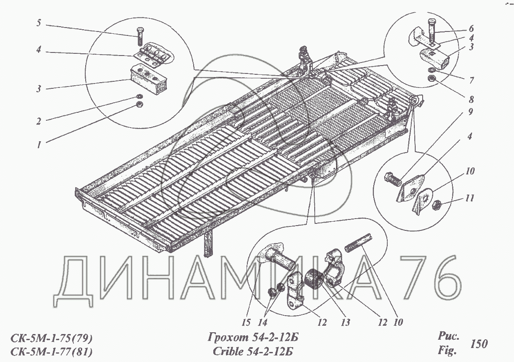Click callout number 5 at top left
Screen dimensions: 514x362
(38, 23)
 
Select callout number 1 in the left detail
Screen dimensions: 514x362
(39, 145)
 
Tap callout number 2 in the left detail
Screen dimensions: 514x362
(38, 122)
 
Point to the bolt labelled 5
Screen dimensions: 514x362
(140, 36)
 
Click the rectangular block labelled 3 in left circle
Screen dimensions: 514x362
(149, 79)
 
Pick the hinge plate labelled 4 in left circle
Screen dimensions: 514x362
(153, 55)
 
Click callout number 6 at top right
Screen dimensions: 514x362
(471, 28)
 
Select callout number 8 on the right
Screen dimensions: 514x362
(471, 99)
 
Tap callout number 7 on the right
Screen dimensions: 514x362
(471, 80)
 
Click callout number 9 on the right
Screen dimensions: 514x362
(471, 111)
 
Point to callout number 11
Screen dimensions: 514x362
(470, 198)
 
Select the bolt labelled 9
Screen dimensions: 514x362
(392, 179)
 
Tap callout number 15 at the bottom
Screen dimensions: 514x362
(246, 322)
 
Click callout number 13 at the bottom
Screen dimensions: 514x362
(345, 322)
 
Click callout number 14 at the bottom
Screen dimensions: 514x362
(263, 322)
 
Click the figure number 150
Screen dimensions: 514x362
(479, 344)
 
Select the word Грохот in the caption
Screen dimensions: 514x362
(229, 338)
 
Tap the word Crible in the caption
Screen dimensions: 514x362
(228, 352)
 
